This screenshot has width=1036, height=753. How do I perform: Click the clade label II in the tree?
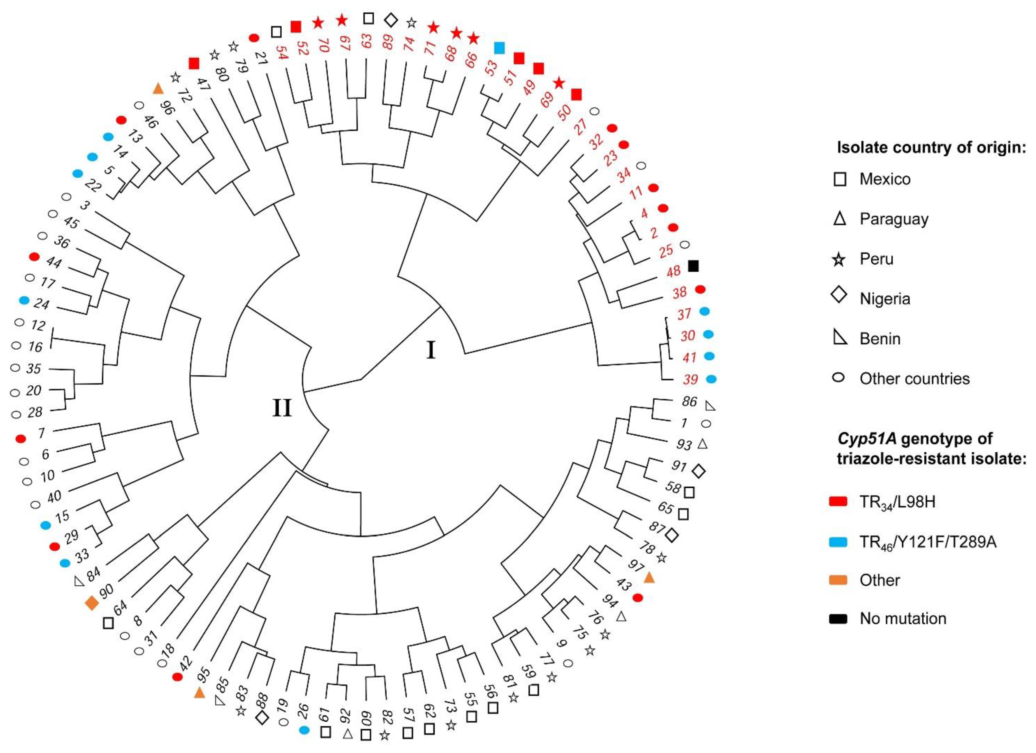[282, 408]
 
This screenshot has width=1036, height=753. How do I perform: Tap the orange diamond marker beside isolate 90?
[92, 603]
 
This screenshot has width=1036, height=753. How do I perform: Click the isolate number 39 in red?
[690, 379]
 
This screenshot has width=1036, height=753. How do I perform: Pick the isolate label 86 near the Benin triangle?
[689, 402]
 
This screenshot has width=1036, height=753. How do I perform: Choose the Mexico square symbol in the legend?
[839, 179]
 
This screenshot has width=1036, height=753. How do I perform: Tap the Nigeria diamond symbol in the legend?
[839, 296]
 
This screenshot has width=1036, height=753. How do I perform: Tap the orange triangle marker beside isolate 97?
[649, 578]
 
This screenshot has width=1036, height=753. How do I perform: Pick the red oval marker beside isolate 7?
[21, 439]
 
